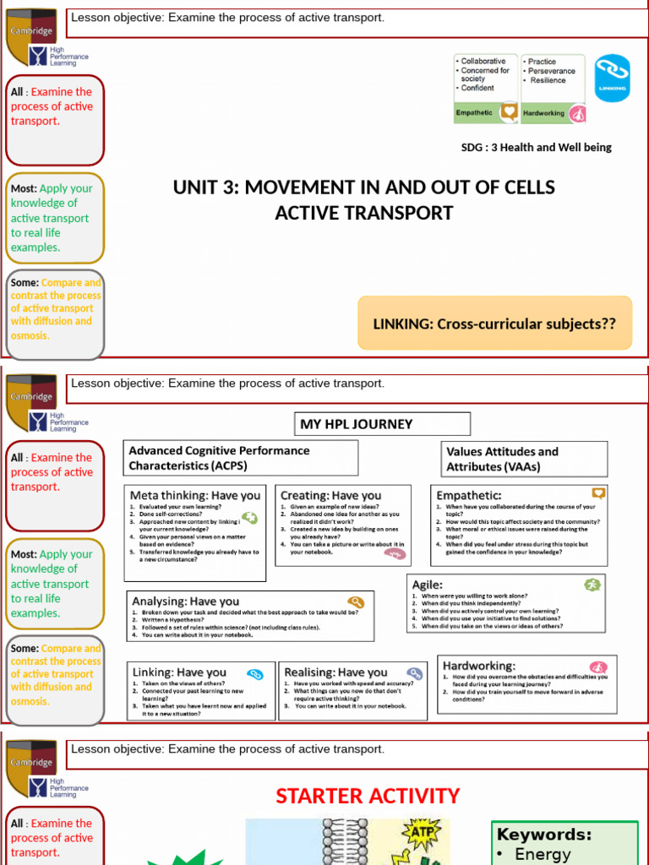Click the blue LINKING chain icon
[x=612, y=79]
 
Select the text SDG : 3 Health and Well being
[x=536, y=148]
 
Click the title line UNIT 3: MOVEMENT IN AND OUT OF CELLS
[x=364, y=188]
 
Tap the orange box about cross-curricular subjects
[x=494, y=324]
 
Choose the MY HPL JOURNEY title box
[x=382, y=424]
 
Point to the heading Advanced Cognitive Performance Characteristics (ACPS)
[x=241, y=459]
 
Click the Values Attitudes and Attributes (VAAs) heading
[x=525, y=459]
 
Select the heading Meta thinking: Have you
[x=194, y=495]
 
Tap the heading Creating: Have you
[x=330, y=495]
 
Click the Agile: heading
[x=428, y=585]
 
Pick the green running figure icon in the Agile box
[x=592, y=584]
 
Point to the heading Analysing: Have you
[x=186, y=601]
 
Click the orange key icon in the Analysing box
[x=356, y=602]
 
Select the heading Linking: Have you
[x=179, y=672]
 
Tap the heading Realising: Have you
[x=335, y=672]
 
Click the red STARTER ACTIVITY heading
[x=368, y=796]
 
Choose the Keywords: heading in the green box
[x=544, y=835]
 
